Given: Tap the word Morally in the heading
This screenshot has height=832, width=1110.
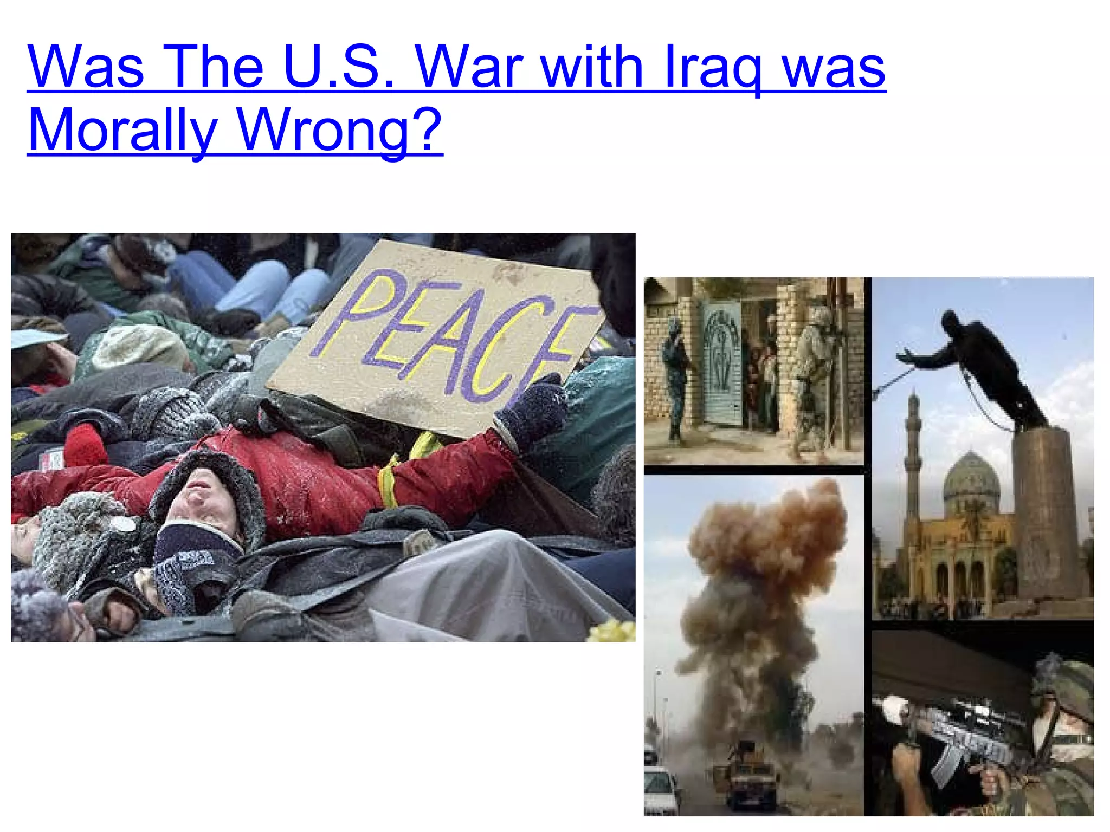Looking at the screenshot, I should pyautogui.click(x=122, y=130).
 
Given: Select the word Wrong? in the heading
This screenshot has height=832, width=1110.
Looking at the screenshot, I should pyautogui.click(x=340, y=130).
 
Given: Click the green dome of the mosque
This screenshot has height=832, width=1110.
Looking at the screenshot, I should pyautogui.click(x=971, y=479).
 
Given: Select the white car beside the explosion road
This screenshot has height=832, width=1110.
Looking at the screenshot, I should pyautogui.click(x=660, y=788).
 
